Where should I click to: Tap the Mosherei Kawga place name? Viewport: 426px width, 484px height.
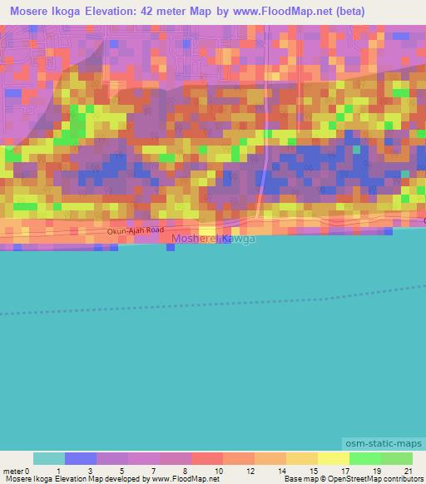click(x=213, y=240)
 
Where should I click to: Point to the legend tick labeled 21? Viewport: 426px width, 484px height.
click(x=408, y=471)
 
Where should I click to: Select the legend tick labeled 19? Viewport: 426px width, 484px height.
click(x=378, y=471)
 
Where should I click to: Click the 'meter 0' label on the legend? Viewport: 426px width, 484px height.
click(x=17, y=471)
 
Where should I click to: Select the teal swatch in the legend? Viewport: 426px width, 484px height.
click(x=49, y=458)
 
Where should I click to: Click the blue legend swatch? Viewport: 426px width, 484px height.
click(x=81, y=458)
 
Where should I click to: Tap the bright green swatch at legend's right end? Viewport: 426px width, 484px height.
click(x=397, y=458)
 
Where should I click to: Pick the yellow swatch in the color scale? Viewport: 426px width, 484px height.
click(x=334, y=458)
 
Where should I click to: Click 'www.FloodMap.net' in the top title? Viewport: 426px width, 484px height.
click(x=265, y=12)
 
